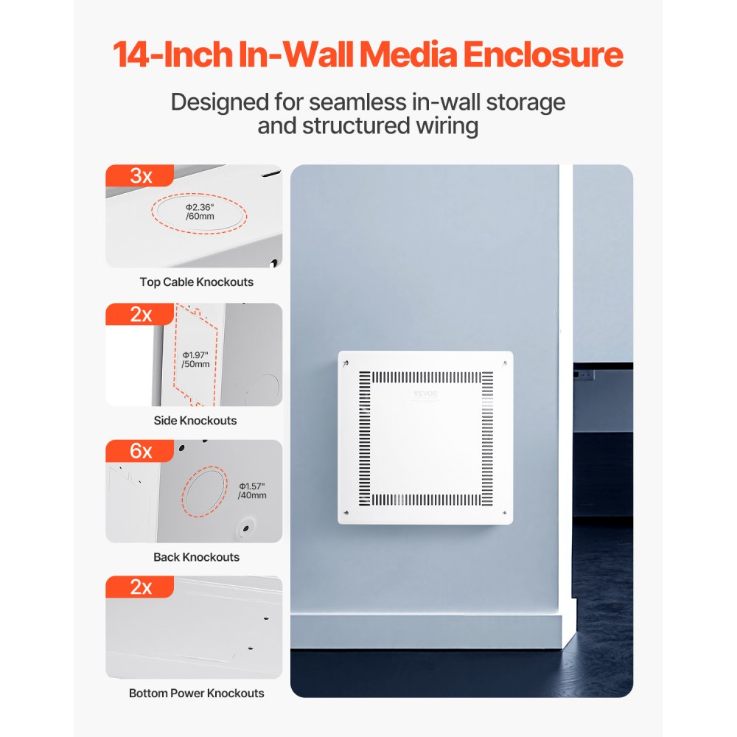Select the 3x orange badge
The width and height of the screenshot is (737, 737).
click(x=140, y=176)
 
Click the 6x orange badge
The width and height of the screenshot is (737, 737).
click(x=140, y=451)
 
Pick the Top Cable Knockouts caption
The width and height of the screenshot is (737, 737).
click(x=196, y=282)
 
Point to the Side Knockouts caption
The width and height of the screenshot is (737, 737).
click(x=195, y=420)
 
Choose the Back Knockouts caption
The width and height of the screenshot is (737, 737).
click(x=196, y=557)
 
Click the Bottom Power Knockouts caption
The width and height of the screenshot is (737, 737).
click(x=196, y=694)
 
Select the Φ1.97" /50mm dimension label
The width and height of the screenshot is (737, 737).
click(x=195, y=359)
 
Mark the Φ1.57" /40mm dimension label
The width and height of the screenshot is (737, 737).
click(x=252, y=491)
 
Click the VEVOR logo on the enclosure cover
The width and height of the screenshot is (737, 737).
click(x=425, y=394)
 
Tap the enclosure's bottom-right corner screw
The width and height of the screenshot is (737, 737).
click(x=503, y=513)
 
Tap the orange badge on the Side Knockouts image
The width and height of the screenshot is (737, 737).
click(x=140, y=314)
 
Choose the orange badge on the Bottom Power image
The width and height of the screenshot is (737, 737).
click(x=140, y=587)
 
